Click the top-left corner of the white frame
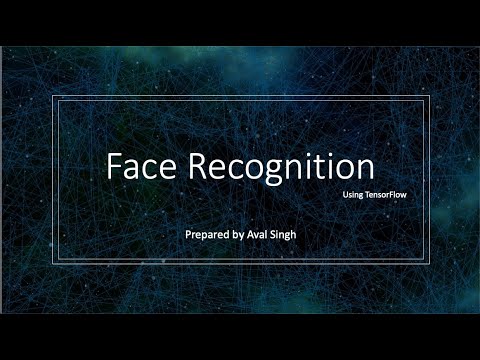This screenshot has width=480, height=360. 53,97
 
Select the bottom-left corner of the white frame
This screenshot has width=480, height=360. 53,264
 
